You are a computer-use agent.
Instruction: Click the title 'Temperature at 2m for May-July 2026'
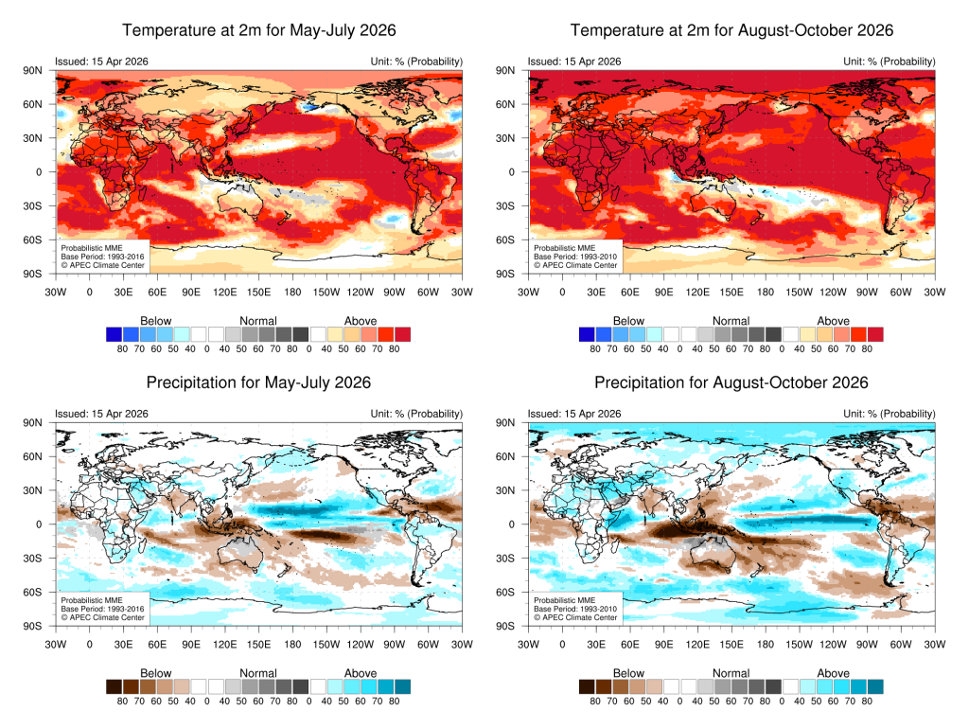coord(259,30)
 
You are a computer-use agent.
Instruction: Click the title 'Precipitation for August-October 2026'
coord(731,382)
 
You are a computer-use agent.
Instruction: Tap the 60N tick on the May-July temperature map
coord(33,104)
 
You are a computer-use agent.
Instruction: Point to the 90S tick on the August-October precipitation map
coord(505,626)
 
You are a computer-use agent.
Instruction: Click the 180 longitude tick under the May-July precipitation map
coord(292,644)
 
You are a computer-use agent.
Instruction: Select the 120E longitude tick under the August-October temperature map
coord(697,292)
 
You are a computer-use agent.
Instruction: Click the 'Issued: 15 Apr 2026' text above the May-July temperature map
coord(101,62)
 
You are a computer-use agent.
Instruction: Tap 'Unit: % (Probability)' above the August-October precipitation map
coord(890,414)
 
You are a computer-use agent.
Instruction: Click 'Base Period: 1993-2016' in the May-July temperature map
coord(102,257)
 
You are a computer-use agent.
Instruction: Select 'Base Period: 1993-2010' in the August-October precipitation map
coord(575,609)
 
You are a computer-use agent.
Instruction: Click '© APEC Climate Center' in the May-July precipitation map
coord(102,617)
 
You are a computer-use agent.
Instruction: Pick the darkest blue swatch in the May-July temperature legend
coord(114,334)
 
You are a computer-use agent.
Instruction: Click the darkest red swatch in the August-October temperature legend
coord(875,334)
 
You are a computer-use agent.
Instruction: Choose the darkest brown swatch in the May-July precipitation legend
coord(114,686)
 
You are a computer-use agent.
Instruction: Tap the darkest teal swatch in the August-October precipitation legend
coord(875,686)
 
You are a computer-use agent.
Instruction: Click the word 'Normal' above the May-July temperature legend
coord(258,321)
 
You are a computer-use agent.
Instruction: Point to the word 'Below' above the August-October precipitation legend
coord(628,673)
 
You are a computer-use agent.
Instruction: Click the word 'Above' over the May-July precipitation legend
coord(361,673)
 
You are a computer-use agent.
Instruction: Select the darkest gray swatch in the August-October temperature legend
coord(773,334)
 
